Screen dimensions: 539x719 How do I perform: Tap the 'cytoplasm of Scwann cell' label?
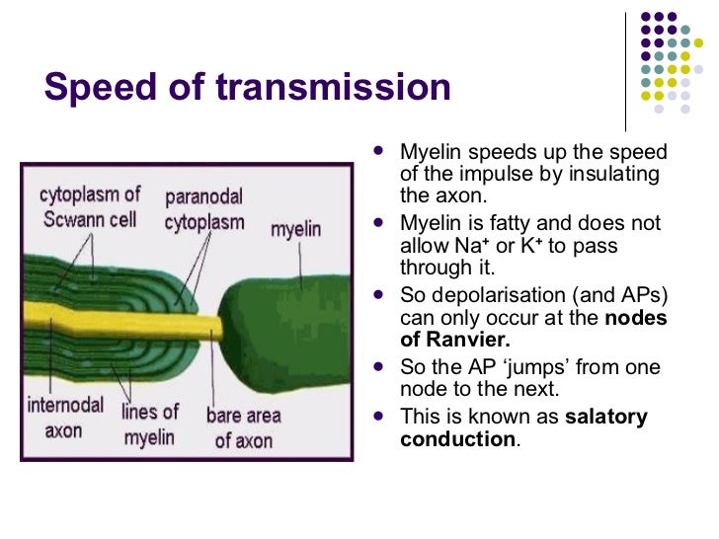coord(90,206)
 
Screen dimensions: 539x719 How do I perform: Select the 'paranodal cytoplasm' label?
coord(203,210)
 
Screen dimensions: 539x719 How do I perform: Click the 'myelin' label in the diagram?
coord(295,229)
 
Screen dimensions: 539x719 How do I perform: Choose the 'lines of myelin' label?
coord(149,423)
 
